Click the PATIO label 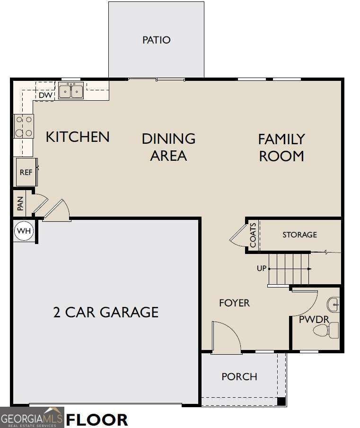(157, 40)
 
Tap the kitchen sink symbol (71, 90)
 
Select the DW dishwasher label (45, 96)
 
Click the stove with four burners (24, 126)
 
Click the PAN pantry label (20, 204)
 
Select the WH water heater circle (24, 231)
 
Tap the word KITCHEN (78, 137)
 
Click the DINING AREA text (168, 147)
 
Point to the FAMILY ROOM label (281, 148)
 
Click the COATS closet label (253, 235)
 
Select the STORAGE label (299, 235)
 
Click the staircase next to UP (289, 269)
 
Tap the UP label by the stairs (262, 269)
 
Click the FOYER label (234, 303)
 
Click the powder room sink (334, 304)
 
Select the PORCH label (239, 377)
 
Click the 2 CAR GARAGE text (106, 312)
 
